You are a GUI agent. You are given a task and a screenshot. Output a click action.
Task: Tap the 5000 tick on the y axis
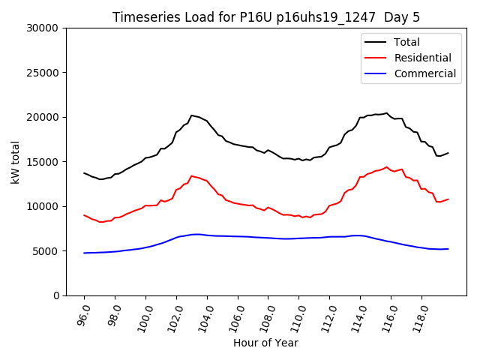pos(46,251)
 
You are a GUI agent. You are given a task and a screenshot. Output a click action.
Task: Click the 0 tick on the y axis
pos(55,295)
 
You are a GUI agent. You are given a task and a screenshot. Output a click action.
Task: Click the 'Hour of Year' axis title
pos(265,343)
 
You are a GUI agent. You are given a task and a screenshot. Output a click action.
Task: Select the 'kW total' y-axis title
pos(15,162)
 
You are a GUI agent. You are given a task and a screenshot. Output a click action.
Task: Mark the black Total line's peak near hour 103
pos(191,115)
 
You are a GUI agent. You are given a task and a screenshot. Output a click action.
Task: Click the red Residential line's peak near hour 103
pos(191,175)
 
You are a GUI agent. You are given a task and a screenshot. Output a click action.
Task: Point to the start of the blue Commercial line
pos(84,253)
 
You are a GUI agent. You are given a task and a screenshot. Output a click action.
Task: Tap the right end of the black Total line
pos(448,153)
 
